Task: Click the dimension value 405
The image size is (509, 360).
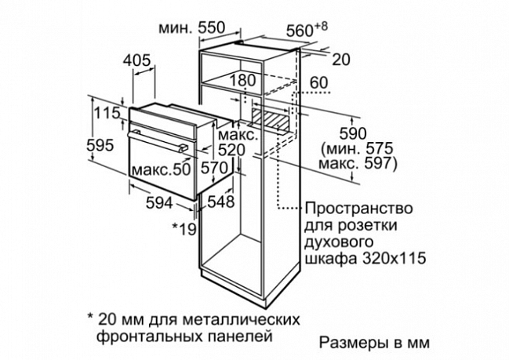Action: click(137, 60)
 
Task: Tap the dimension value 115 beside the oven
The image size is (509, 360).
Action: click(107, 113)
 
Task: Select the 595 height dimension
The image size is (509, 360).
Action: click(100, 145)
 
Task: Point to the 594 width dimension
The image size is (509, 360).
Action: click(159, 203)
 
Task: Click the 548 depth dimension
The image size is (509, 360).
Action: click(220, 202)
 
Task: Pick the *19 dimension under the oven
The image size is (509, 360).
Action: click(184, 228)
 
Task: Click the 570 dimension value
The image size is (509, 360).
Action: click(214, 168)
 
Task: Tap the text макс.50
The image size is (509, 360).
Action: click(162, 169)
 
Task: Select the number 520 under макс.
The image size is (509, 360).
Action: click(232, 151)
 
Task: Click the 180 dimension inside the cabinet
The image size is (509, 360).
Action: click(243, 81)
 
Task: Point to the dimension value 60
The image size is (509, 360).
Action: click(318, 83)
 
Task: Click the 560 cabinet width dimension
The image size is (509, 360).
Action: click(307, 30)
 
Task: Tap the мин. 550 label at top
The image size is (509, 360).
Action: click(191, 28)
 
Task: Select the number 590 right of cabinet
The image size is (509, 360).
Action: click(353, 134)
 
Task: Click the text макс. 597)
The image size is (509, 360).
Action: click(358, 164)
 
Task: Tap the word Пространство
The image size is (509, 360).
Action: click(358, 209)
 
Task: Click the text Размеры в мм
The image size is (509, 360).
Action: click(374, 343)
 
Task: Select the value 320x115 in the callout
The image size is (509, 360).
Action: click(394, 259)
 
